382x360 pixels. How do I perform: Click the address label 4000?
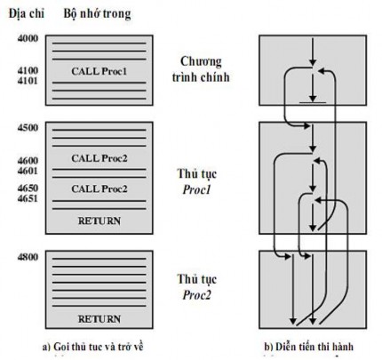(16, 39)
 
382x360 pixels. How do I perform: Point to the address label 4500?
(16, 128)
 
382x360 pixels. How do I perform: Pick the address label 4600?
(16, 159)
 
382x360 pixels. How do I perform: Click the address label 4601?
(16, 170)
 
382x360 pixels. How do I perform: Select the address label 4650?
(16, 188)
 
